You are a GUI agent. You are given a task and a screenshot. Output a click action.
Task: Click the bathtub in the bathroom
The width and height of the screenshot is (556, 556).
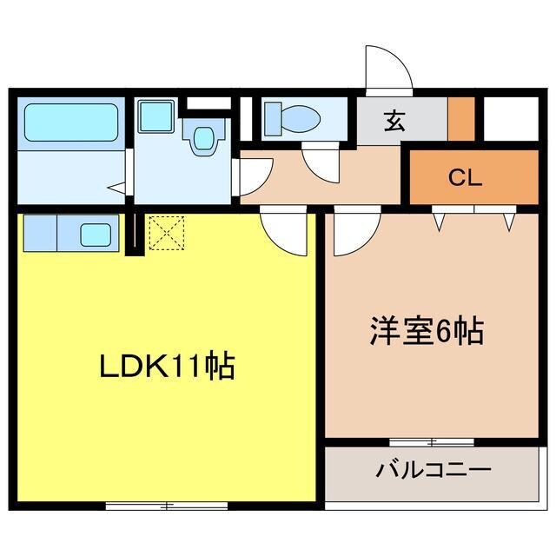pos(71,123)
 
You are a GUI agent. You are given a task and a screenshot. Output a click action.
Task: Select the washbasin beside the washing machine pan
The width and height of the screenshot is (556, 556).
pos(203,136)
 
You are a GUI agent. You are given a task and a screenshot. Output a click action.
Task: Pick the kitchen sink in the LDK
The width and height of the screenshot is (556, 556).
pos(95,234)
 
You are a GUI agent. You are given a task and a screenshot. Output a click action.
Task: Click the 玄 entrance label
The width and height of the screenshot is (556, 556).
pos(395,122)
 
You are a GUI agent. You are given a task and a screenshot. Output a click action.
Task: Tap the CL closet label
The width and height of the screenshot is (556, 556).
pos(465,179)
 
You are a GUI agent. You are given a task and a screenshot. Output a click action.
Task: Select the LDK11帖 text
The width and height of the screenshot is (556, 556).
pos(165,367)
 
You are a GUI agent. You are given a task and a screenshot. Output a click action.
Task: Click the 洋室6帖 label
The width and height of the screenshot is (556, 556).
pos(426,333)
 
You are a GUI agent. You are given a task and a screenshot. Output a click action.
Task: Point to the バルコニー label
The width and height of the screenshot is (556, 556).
pos(434,472)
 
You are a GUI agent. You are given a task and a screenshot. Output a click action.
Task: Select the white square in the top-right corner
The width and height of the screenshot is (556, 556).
pos(511,119)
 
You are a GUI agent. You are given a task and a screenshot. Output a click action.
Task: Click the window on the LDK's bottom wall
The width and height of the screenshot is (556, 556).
pos(167,505)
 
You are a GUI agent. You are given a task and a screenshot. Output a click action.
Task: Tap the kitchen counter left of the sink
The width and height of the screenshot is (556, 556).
pos(40,232)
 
